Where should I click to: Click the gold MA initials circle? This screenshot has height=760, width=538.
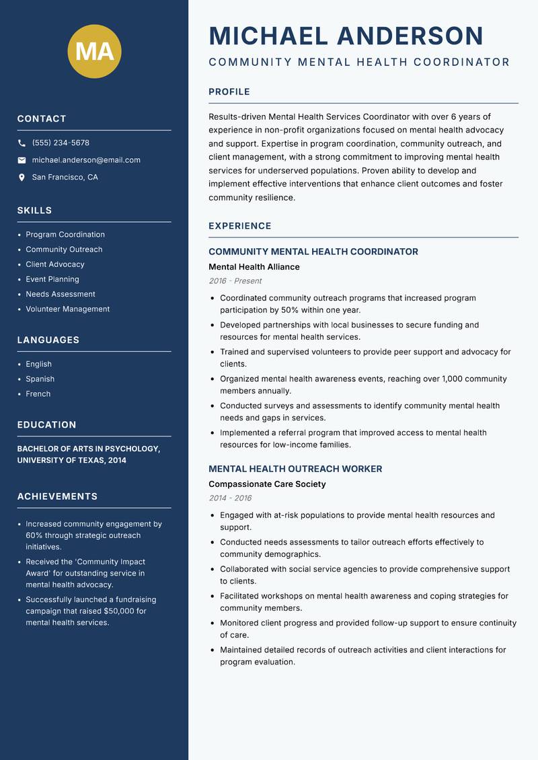coord(94,51)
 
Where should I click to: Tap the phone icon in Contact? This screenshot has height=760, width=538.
coord(22,143)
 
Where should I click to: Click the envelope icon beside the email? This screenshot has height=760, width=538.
coord(22,160)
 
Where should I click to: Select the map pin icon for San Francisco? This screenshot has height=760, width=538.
coord(22,178)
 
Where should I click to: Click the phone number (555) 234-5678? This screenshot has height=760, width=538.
coord(61,143)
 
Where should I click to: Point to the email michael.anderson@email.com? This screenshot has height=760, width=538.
coord(86,160)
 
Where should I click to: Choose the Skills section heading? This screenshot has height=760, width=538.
coord(34,211)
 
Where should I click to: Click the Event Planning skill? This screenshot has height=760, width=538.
coord(52,279)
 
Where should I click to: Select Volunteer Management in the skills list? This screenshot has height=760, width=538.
coord(67,309)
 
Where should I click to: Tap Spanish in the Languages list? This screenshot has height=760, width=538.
coord(40,379)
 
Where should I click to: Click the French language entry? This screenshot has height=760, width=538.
coord(38,394)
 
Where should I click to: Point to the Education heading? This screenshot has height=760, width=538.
coord(46,425)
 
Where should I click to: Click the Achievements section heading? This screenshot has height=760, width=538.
coord(57,496)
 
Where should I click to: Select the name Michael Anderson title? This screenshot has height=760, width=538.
coord(346,36)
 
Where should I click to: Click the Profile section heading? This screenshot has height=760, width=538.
coord(229,92)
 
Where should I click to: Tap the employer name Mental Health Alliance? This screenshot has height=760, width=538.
coord(254,267)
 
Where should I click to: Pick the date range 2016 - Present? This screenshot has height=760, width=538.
coord(235,281)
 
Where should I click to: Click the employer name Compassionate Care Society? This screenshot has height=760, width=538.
coord(267,484)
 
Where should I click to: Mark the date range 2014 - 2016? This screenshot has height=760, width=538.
coord(230,498)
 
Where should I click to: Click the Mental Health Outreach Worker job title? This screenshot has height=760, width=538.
coord(295,469)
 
